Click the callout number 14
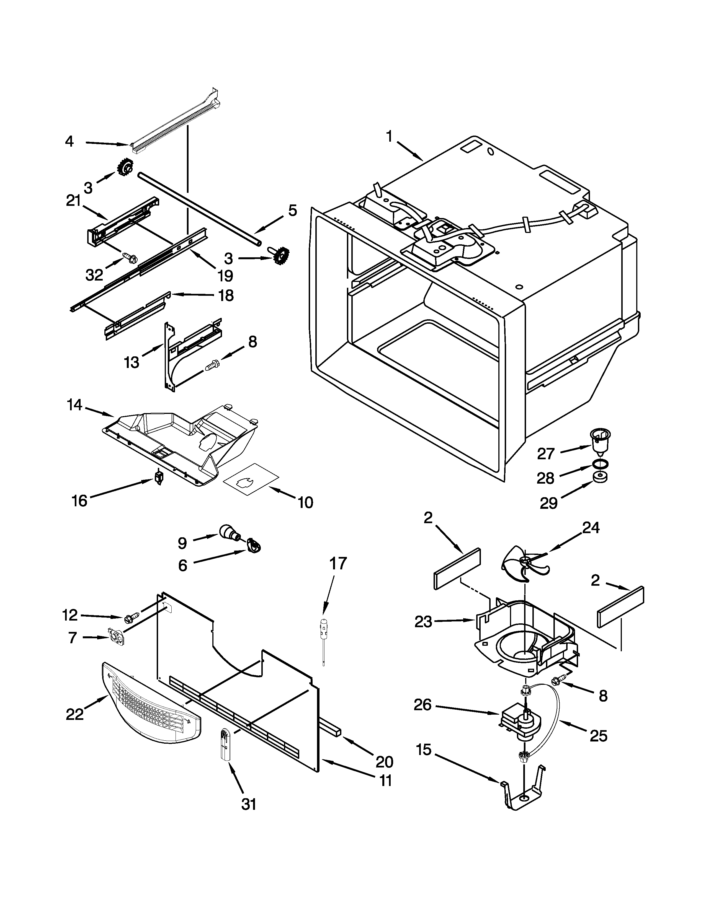tap(74, 405)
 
